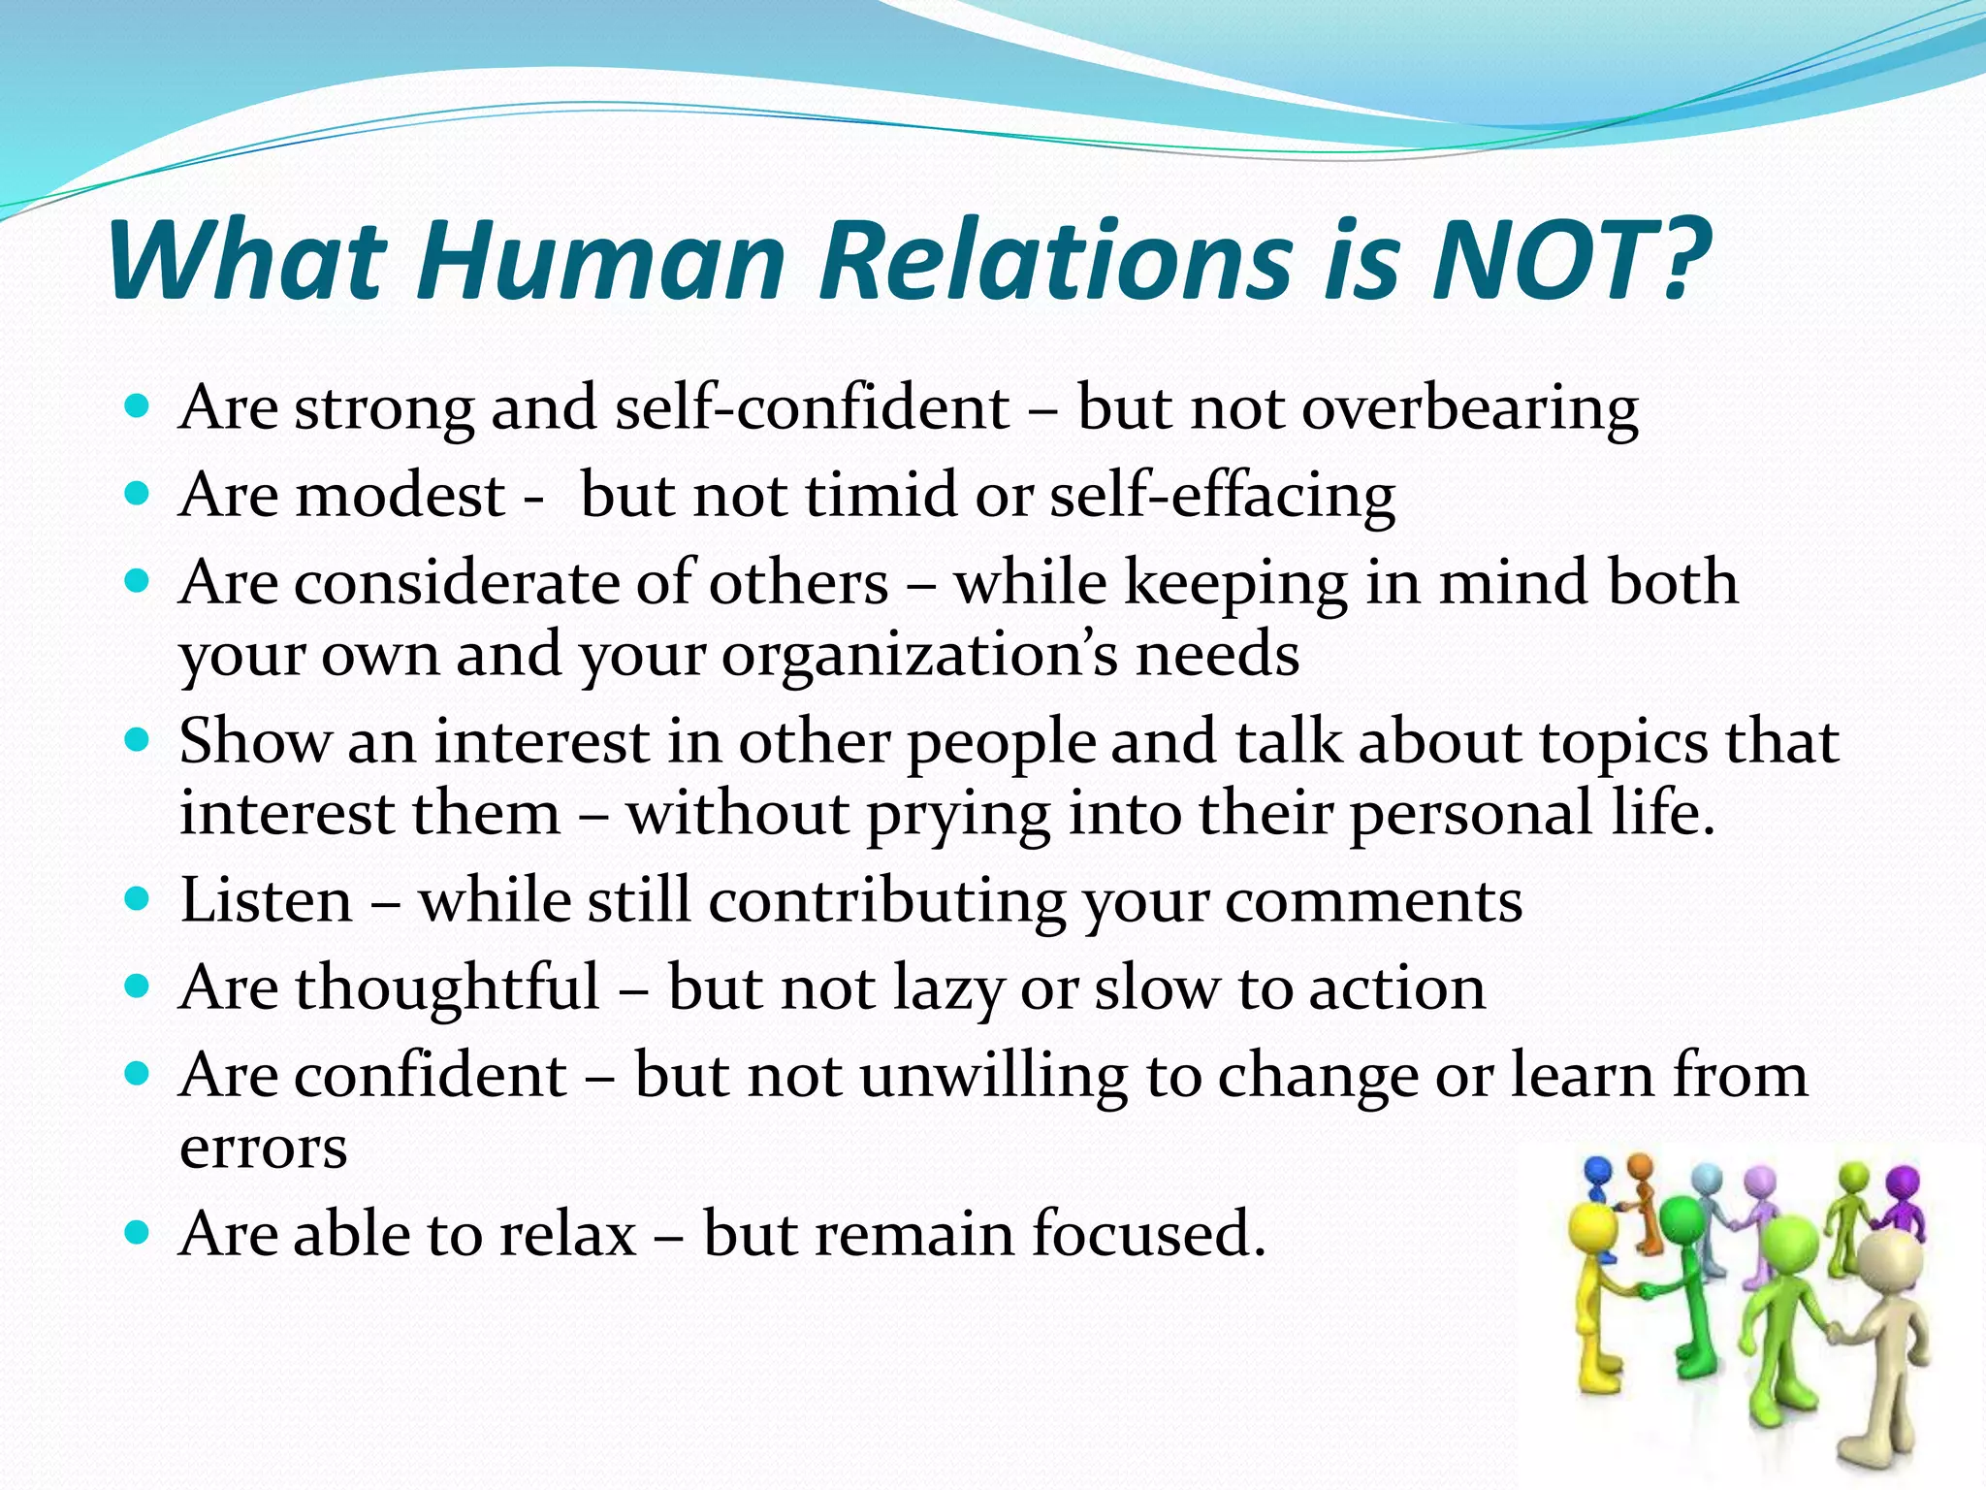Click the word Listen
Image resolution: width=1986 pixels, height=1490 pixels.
coord(267,900)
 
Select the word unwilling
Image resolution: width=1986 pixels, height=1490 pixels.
coord(993,1076)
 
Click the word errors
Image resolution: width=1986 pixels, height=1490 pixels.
coord(263,1149)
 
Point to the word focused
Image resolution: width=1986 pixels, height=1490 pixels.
coord(1148,1234)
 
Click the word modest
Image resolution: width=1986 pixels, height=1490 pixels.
coord(400,495)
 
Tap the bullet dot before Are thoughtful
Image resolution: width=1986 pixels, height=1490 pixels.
coord(138,988)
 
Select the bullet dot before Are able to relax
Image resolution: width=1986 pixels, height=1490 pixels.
coord(138,1233)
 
